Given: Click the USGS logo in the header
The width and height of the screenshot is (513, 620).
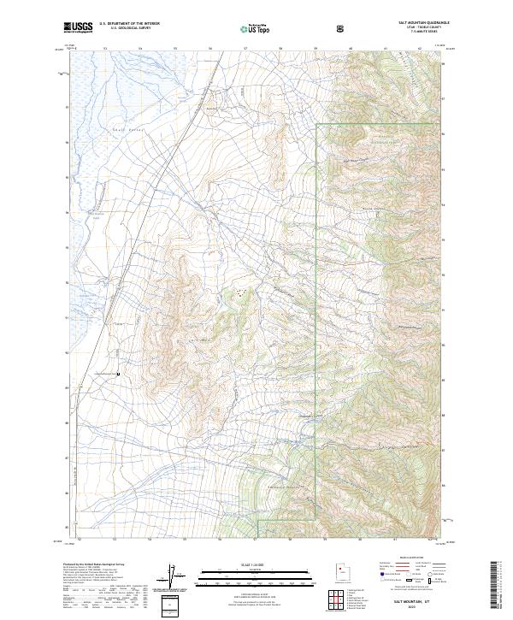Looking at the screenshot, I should (x=78, y=27).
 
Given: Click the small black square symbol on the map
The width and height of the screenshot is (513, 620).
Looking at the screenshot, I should (x=118, y=374).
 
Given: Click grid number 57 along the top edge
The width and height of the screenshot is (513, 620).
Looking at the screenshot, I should (x=245, y=49).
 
